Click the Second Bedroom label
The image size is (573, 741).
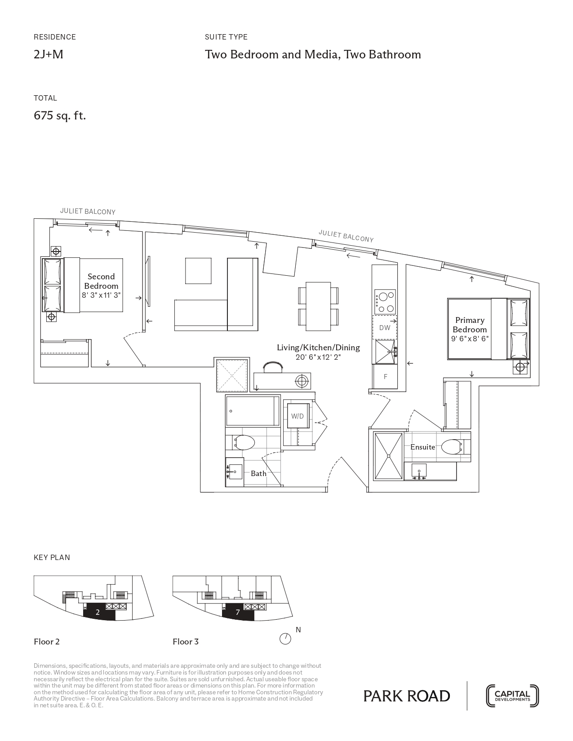101,281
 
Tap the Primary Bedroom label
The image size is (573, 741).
470,325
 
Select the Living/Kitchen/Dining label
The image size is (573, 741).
318,348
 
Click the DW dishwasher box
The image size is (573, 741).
385,327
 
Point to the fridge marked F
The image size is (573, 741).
385,376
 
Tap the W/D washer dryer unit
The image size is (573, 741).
298,416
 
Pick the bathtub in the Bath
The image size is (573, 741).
253,410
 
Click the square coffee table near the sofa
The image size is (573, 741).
198,271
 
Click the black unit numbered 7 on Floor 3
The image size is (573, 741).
238,612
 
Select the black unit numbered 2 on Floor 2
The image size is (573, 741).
99,612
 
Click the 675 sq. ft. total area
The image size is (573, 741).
60,116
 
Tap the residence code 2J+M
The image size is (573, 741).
49,54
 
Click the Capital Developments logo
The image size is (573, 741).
512,696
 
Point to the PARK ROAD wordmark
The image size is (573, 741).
407,696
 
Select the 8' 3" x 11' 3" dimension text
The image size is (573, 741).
102,295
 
